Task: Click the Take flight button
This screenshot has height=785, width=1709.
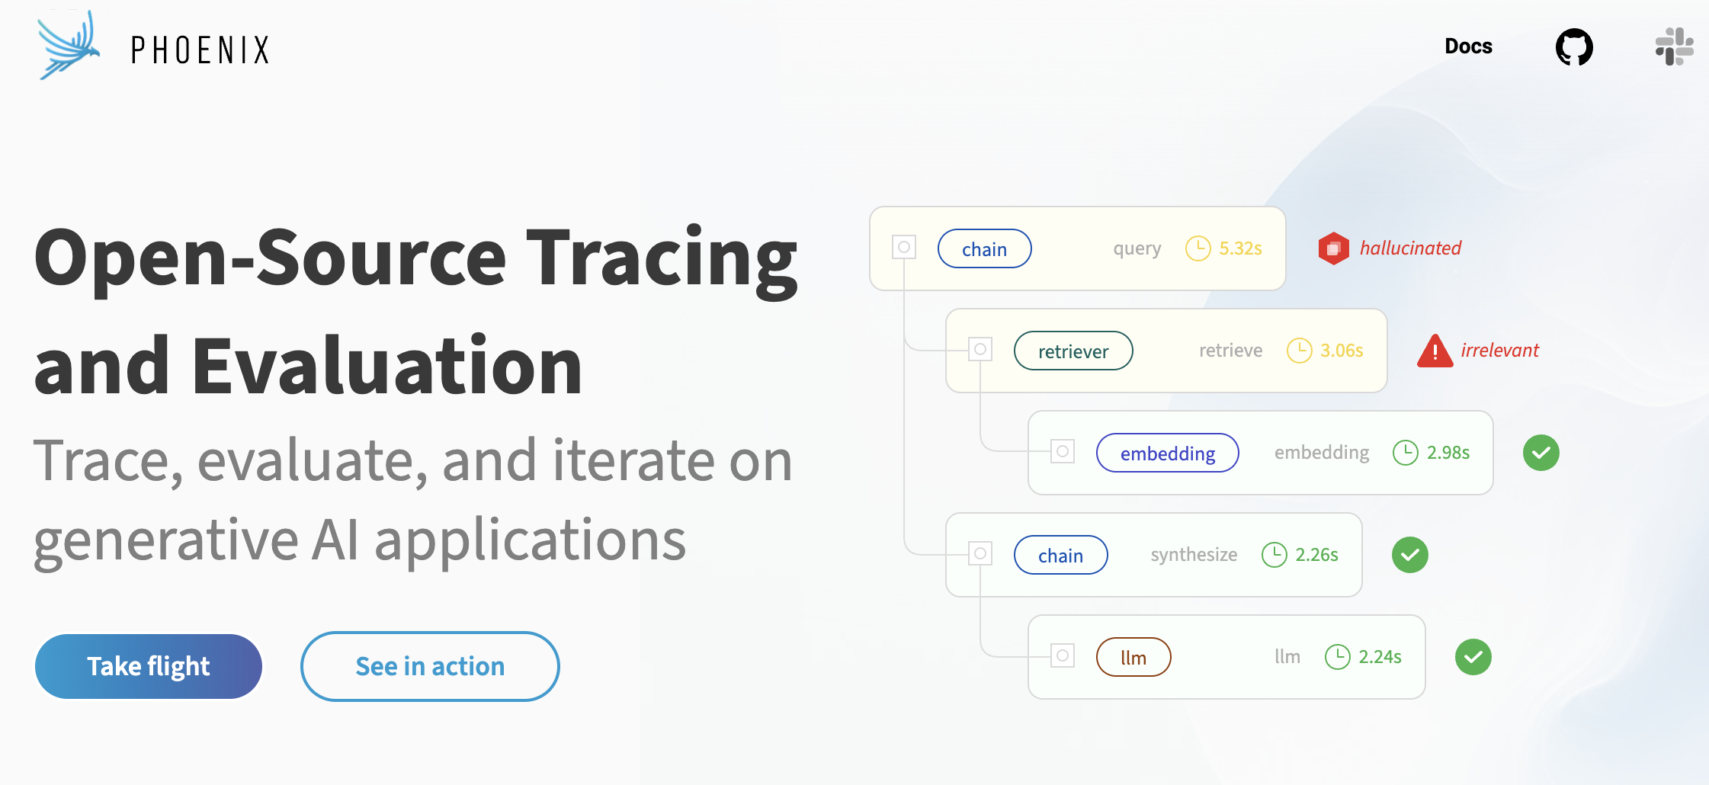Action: (x=149, y=666)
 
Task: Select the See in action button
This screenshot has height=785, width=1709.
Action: (x=430, y=666)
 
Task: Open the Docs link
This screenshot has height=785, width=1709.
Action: (x=1468, y=46)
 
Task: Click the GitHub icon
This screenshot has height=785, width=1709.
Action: (x=1574, y=47)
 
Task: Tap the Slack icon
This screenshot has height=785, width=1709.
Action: (x=1674, y=46)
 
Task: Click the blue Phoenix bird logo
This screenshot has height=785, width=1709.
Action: (x=69, y=44)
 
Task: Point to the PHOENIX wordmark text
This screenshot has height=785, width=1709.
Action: (x=200, y=50)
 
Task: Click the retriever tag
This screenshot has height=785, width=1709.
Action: (x=1073, y=351)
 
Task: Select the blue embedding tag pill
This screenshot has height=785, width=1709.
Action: (x=1168, y=453)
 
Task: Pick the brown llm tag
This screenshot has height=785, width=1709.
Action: (x=1133, y=657)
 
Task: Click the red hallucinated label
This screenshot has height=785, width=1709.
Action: (x=1410, y=248)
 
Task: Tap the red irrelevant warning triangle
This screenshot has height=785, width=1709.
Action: (x=1435, y=351)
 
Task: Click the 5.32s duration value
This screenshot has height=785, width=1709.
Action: (x=1240, y=248)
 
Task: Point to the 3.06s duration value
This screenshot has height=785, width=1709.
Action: (x=1342, y=351)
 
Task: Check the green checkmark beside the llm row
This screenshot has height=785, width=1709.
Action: (x=1473, y=657)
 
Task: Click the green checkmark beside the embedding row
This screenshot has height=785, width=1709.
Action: (x=1541, y=453)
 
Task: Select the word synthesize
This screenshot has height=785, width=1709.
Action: (x=1194, y=555)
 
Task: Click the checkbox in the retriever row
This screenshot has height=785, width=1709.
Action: (x=980, y=349)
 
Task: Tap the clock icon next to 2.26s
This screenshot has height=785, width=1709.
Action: (x=1275, y=555)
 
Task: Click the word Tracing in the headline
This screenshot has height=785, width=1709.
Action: (x=662, y=259)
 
